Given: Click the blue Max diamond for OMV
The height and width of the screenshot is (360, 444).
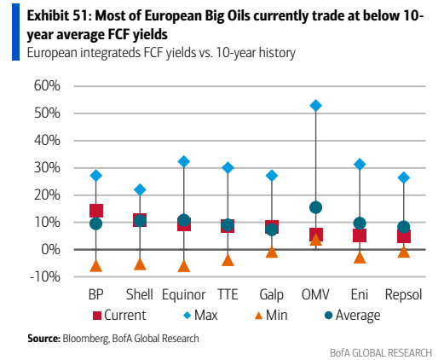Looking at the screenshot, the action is coord(315,106).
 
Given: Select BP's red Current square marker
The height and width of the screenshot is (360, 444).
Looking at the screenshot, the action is coord(96,211).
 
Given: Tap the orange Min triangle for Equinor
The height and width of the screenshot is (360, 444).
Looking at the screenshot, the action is coord(184,266).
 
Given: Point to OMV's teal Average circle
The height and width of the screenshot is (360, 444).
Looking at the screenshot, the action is coord(315,207).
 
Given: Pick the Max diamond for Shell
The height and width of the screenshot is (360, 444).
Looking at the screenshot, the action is coord(140,189).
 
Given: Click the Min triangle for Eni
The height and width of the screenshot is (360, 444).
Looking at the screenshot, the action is coord(360,258).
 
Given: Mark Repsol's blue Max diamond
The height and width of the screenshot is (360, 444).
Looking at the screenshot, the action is coord(404,177).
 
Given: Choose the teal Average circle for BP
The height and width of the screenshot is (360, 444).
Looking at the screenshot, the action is coord(96,224).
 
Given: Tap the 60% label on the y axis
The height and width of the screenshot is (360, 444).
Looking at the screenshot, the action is coord(47,85).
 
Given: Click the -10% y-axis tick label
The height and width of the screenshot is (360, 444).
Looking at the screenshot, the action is coord(45,276).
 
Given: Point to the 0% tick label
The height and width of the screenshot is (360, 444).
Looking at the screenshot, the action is coord(51,249).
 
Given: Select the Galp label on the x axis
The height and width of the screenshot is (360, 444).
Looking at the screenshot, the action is coord(272,294).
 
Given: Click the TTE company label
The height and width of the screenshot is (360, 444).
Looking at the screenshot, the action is coord(228,294).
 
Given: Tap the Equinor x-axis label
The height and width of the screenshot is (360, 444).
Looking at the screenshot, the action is coord(184,294).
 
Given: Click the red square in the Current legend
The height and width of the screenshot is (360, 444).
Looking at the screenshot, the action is coord(97,316).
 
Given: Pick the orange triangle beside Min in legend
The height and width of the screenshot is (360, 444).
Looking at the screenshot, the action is coord(258,316).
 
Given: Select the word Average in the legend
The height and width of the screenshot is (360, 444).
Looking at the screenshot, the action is coord(358,316).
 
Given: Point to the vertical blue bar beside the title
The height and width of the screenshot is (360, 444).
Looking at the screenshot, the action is coord(15,32).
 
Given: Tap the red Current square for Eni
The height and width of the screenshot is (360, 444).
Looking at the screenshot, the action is coord(360,235).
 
